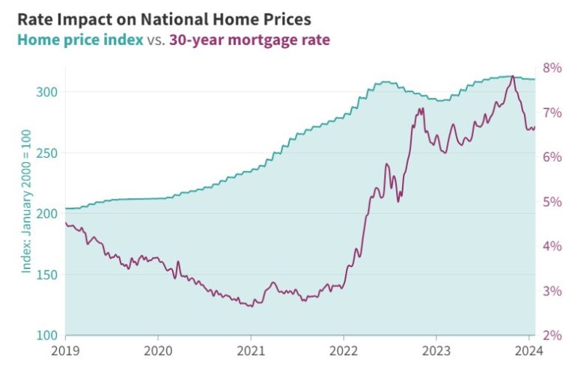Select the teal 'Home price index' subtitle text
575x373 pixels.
(x=80, y=40)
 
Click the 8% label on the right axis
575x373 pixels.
(x=552, y=68)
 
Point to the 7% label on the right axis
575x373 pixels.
(x=552, y=113)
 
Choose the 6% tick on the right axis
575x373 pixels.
(x=552, y=157)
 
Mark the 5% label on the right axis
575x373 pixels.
(x=552, y=202)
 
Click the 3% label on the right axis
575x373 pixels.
(x=552, y=291)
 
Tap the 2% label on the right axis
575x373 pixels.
(x=552, y=336)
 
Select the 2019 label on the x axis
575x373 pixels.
(x=65, y=350)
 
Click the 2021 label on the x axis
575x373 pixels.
(x=251, y=350)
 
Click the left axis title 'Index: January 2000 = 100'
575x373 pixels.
(x=26, y=203)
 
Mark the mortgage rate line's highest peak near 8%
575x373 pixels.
(x=512, y=76)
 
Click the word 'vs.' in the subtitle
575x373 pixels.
(x=156, y=40)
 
